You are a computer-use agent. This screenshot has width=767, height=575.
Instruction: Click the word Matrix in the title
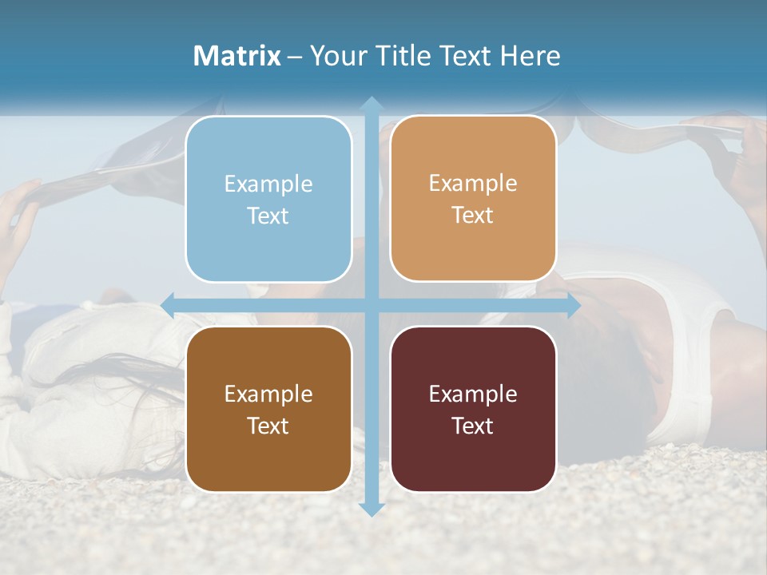(236, 56)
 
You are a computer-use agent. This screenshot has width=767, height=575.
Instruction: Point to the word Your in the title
(336, 56)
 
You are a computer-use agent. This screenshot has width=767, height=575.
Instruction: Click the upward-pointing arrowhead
(371, 103)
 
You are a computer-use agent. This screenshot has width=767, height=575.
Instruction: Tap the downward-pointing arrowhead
(371, 509)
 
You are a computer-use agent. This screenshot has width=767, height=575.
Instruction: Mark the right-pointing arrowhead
(574, 305)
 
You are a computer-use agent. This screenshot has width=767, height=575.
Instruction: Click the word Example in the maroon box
(473, 394)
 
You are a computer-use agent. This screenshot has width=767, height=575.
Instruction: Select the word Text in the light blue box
(268, 216)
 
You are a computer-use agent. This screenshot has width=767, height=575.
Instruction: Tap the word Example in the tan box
(473, 183)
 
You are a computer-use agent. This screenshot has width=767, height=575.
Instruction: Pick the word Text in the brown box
(268, 426)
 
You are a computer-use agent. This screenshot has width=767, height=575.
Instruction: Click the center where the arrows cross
(371, 305)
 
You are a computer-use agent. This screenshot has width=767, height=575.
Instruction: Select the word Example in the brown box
(268, 394)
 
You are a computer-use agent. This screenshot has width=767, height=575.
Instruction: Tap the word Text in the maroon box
(473, 426)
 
